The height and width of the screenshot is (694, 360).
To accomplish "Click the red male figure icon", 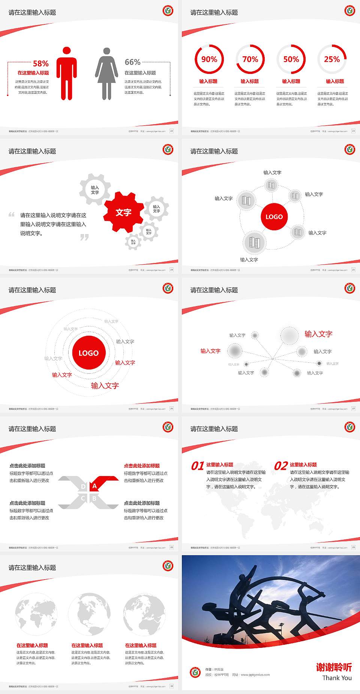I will tap(67, 74).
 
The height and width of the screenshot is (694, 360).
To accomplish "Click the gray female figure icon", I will tap(106, 74).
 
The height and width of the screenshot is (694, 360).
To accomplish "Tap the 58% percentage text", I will tap(40, 63).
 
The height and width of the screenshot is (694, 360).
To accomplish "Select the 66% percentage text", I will tap(132, 62).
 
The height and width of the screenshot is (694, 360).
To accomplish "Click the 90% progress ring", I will tap(209, 59).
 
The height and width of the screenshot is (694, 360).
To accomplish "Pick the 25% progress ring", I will tap(332, 59).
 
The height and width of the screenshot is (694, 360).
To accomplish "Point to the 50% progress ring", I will tap(291, 59).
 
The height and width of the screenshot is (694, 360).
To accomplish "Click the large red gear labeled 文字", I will tap(123, 212).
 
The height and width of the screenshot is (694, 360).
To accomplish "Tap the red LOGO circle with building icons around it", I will tap(274, 217).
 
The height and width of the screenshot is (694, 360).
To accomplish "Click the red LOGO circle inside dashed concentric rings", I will tap(88, 353).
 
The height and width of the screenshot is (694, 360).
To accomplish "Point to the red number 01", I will tap(198, 466).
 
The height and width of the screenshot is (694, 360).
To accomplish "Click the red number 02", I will tap(281, 466).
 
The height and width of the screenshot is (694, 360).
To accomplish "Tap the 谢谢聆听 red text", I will tap(334, 667).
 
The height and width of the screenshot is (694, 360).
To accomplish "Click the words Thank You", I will tap(337, 678).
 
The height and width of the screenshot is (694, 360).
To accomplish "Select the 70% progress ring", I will tap(250, 59).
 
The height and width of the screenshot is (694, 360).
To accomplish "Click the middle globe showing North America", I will tap(89, 614).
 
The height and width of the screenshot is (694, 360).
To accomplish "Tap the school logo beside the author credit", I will tap(195, 672).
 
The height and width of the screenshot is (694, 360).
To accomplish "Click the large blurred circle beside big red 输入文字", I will tap(289, 335).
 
